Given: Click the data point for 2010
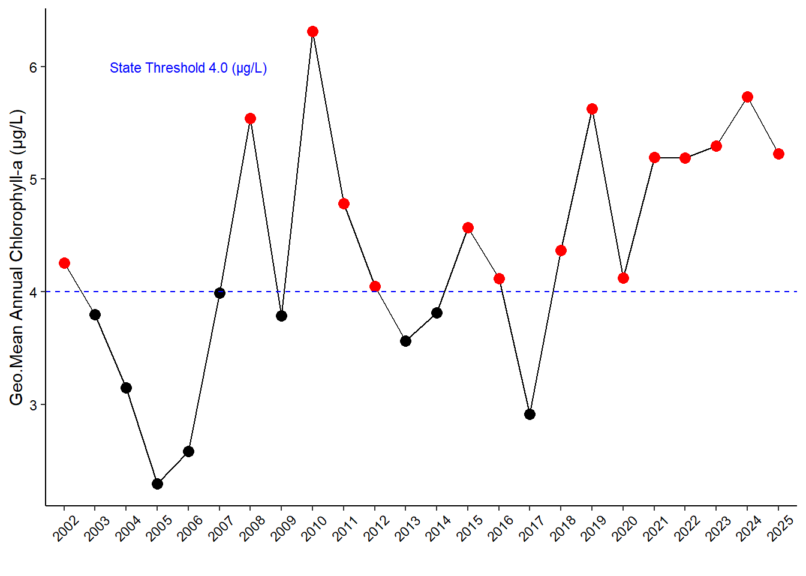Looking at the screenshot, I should [312, 31].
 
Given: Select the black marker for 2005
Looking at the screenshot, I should [157, 484].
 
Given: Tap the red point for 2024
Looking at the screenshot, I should [747, 97].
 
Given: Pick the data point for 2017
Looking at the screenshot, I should [530, 414].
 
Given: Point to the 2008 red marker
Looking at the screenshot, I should [250, 118].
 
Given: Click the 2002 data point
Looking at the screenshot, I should [64, 263].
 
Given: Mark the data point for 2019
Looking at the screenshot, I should [592, 109].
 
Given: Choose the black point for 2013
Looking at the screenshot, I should [405, 341].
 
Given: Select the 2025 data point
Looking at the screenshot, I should [778, 154].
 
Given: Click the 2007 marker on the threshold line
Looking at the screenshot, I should [219, 293].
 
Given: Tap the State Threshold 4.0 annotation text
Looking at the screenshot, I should [188, 68].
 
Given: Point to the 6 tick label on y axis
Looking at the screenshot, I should [34, 67].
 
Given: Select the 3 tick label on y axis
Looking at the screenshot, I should [34, 405].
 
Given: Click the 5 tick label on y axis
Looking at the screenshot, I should [34, 179].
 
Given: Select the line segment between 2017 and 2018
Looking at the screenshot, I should [545, 332].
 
